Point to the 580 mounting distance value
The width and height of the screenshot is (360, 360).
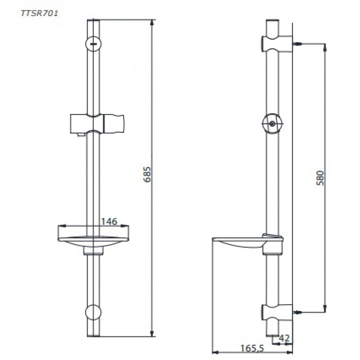point(320,179)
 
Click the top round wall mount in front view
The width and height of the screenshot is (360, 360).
point(93,43)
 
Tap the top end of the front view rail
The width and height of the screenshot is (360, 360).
point(93,21)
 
